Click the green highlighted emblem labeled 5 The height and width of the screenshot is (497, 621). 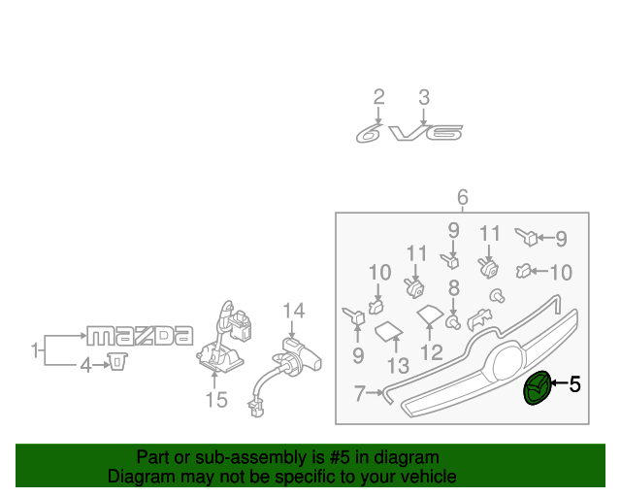click(x=537, y=388)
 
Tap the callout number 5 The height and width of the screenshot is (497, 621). click(x=575, y=384)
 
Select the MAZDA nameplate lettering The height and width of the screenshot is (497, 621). click(x=140, y=336)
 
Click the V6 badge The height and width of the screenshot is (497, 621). click(x=426, y=133)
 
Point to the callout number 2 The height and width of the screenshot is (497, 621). click(x=379, y=97)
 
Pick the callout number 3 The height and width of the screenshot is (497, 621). click(x=424, y=97)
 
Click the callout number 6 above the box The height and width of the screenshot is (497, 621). click(x=463, y=197)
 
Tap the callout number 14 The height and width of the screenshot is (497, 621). click(x=294, y=311)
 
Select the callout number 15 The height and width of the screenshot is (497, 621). click(x=216, y=400)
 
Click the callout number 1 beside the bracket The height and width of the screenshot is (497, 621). click(x=35, y=350)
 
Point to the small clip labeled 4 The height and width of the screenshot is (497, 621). click(x=117, y=361)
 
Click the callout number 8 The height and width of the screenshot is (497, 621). click(x=454, y=288)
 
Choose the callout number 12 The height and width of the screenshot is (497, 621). click(x=431, y=352)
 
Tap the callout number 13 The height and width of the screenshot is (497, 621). click(x=398, y=365)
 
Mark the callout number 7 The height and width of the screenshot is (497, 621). click(x=359, y=393)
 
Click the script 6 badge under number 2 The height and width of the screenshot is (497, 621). click(x=369, y=133)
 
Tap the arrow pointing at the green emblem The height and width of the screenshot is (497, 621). click(x=559, y=382)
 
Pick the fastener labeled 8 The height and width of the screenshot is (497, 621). click(x=453, y=322)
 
